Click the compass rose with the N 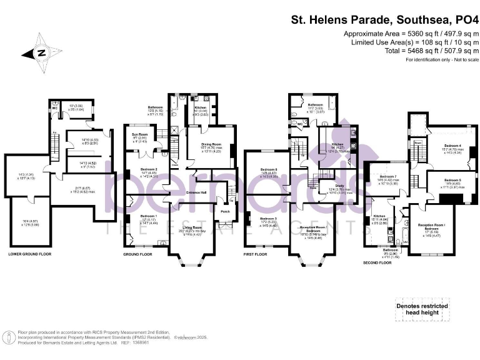pos(40,52)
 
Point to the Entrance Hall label pos(196,192)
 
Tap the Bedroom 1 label pos(139,216)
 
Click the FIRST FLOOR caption pos(256,254)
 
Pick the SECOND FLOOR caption pos(376,263)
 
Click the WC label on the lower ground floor pos(55,107)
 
